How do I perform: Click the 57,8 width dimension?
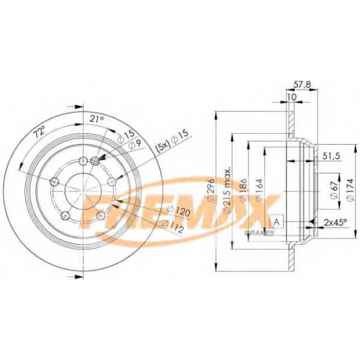302,85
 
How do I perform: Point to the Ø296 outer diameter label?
210,189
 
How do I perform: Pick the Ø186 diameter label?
243,189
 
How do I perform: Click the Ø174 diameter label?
351,190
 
